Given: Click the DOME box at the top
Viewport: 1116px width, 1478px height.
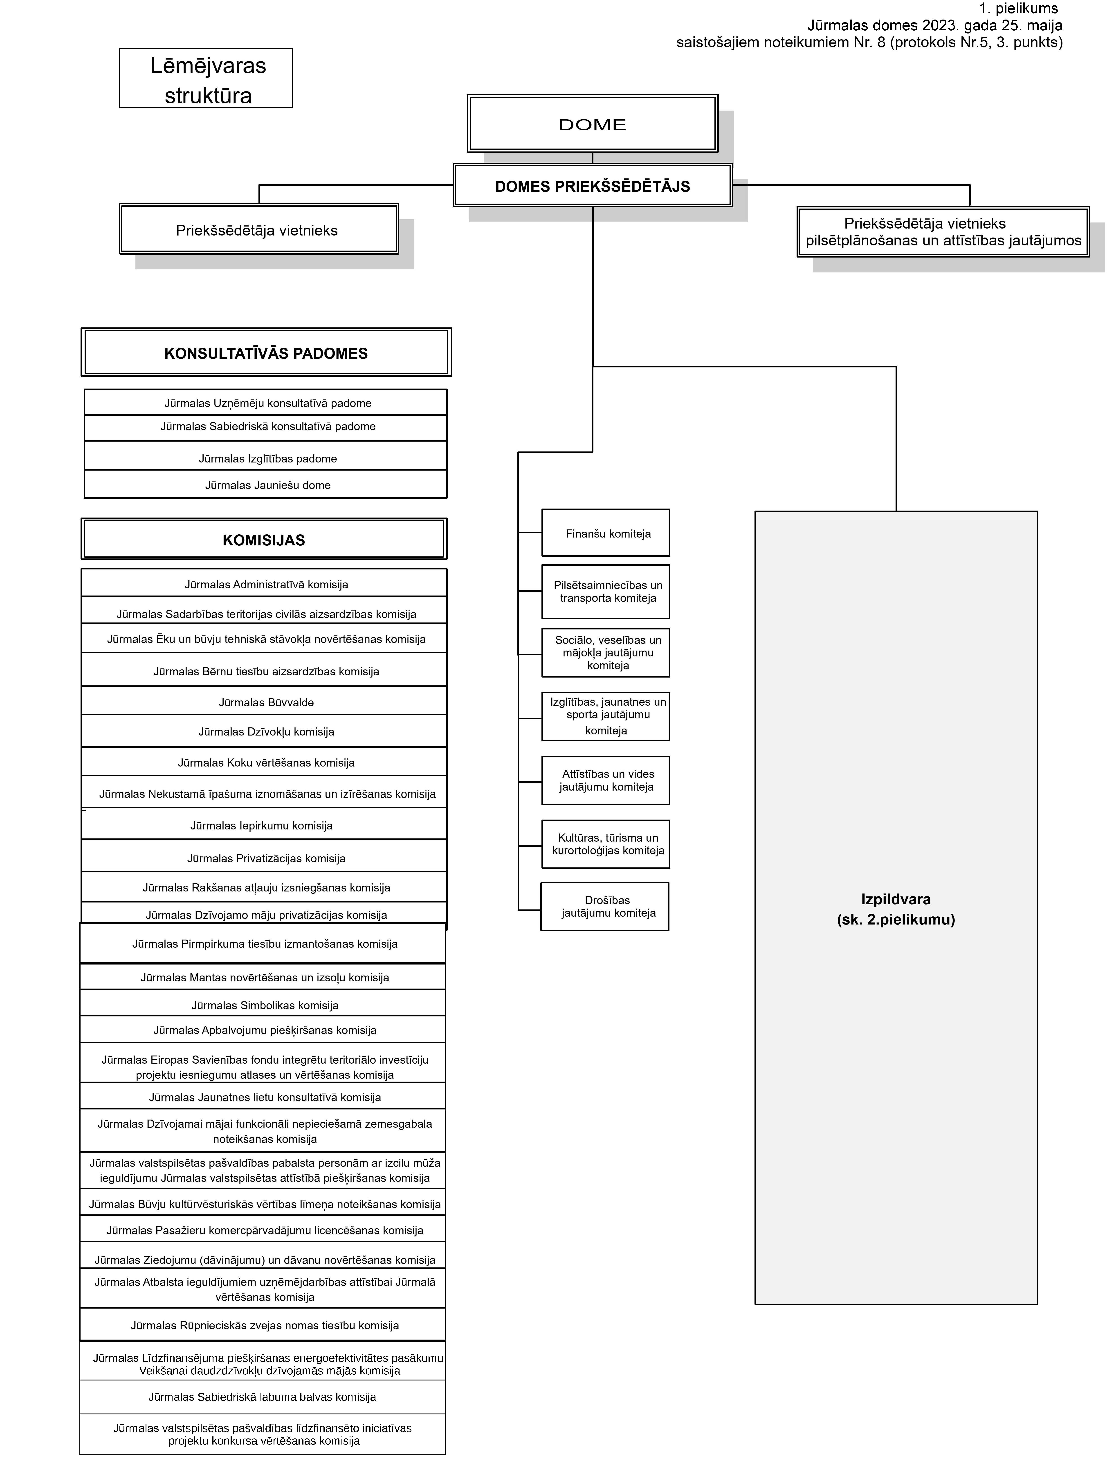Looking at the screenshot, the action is point(593,124).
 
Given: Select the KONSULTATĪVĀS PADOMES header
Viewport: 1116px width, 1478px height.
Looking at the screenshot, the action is point(266,353).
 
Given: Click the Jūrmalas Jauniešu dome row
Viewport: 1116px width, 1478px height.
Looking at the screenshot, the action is point(265,485).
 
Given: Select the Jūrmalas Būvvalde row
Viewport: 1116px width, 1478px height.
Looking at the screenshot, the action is point(264,701).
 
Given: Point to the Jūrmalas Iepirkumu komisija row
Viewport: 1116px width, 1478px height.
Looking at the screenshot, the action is point(264,824).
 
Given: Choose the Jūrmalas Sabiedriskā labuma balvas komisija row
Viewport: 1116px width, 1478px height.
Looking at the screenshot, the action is point(263,1397).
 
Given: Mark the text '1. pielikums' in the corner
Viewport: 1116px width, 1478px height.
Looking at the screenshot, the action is point(1018,9).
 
